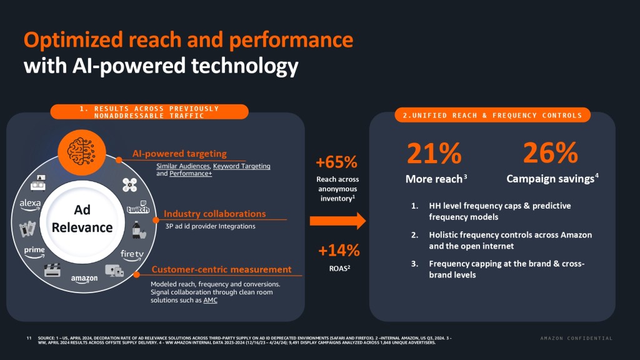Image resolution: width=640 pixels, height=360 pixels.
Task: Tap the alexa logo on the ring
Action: pyautogui.click(x=30, y=203)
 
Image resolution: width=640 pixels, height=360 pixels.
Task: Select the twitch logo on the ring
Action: pyautogui.click(x=137, y=209)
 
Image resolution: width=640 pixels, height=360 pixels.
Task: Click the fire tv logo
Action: pyautogui.click(x=132, y=254)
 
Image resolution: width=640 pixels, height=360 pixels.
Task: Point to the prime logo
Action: pyautogui.click(x=34, y=250)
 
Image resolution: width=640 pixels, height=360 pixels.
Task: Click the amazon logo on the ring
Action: pyautogui.click(x=84, y=278)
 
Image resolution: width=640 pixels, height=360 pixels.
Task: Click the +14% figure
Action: pyautogui.click(x=338, y=251)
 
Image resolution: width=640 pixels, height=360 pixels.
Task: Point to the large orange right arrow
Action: pyautogui.click(x=337, y=220)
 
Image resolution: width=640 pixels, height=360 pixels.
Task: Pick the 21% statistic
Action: pyautogui.click(x=434, y=153)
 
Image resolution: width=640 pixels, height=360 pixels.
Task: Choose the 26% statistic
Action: pyautogui.click(x=550, y=153)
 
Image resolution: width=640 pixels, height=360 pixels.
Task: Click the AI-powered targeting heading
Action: pyautogui.click(x=179, y=154)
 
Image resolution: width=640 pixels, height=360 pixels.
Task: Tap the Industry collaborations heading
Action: pyautogui.click(x=214, y=214)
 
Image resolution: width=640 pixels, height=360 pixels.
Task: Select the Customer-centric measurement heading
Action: pyautogui.click(x=222, y=269)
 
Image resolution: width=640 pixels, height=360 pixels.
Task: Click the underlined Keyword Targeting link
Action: pyautogui.click(x=242, y=166)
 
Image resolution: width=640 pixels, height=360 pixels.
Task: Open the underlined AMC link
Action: pyautogui.click(x=211, y=300)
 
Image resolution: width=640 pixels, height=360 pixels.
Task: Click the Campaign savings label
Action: pyautogui.click(x=550, y=179)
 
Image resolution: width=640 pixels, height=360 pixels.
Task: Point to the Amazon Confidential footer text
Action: pyautogui.click(x=576, y=338)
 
